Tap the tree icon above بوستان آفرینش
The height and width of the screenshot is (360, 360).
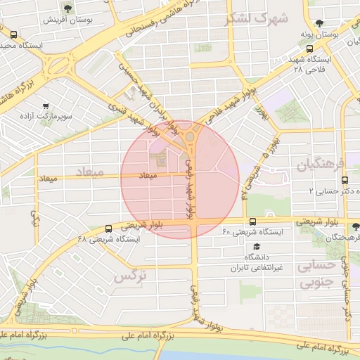(x=67, y=8)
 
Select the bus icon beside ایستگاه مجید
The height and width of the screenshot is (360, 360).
(x=14, y=34)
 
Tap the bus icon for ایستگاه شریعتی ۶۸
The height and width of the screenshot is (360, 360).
(x=108, y=229)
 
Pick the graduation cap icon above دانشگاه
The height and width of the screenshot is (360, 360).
(x=257, y=247)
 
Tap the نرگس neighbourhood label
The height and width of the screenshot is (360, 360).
(x=130, y=276)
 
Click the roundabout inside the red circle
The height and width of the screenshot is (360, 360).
(x=191, y=135)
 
